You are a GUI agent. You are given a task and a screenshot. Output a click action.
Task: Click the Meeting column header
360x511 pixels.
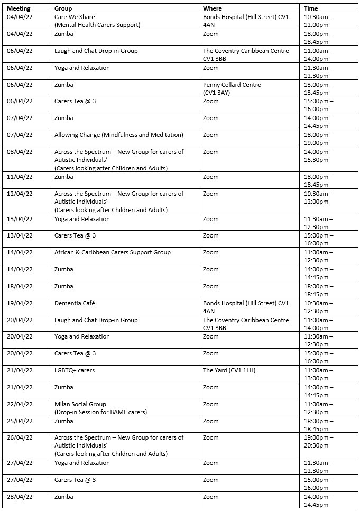(19, 8)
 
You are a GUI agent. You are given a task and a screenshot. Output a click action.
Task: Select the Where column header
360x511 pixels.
(213, 8)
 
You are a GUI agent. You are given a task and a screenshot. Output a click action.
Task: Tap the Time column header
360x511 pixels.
(311, 8)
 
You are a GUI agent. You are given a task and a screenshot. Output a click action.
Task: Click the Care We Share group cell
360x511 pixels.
(97, 21)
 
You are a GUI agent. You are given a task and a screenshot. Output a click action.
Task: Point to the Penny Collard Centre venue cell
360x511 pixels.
(232, 88)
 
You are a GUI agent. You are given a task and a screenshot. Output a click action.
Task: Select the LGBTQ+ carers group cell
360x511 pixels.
(75, 370)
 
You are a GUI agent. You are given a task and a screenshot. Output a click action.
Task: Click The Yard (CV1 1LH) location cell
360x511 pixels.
(229, 370)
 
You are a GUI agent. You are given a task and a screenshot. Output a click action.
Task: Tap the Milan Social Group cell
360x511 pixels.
(100, 408)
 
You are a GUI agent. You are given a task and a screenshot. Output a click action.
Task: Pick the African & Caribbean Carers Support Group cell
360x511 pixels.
(113, 252)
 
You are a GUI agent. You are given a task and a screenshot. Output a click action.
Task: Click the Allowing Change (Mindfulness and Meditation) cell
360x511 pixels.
(119, 135)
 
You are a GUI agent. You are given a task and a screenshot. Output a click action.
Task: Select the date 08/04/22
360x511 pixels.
(20, 152)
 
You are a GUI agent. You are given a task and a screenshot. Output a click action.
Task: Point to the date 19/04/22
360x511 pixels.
(20, 303)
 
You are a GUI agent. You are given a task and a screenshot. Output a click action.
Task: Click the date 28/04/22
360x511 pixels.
(20, 497)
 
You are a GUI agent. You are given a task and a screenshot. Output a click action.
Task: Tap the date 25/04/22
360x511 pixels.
(20, 421)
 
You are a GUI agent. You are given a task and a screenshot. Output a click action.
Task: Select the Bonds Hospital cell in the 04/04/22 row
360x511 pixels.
(246, 21)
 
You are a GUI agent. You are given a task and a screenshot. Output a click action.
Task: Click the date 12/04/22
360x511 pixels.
(20, 194)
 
